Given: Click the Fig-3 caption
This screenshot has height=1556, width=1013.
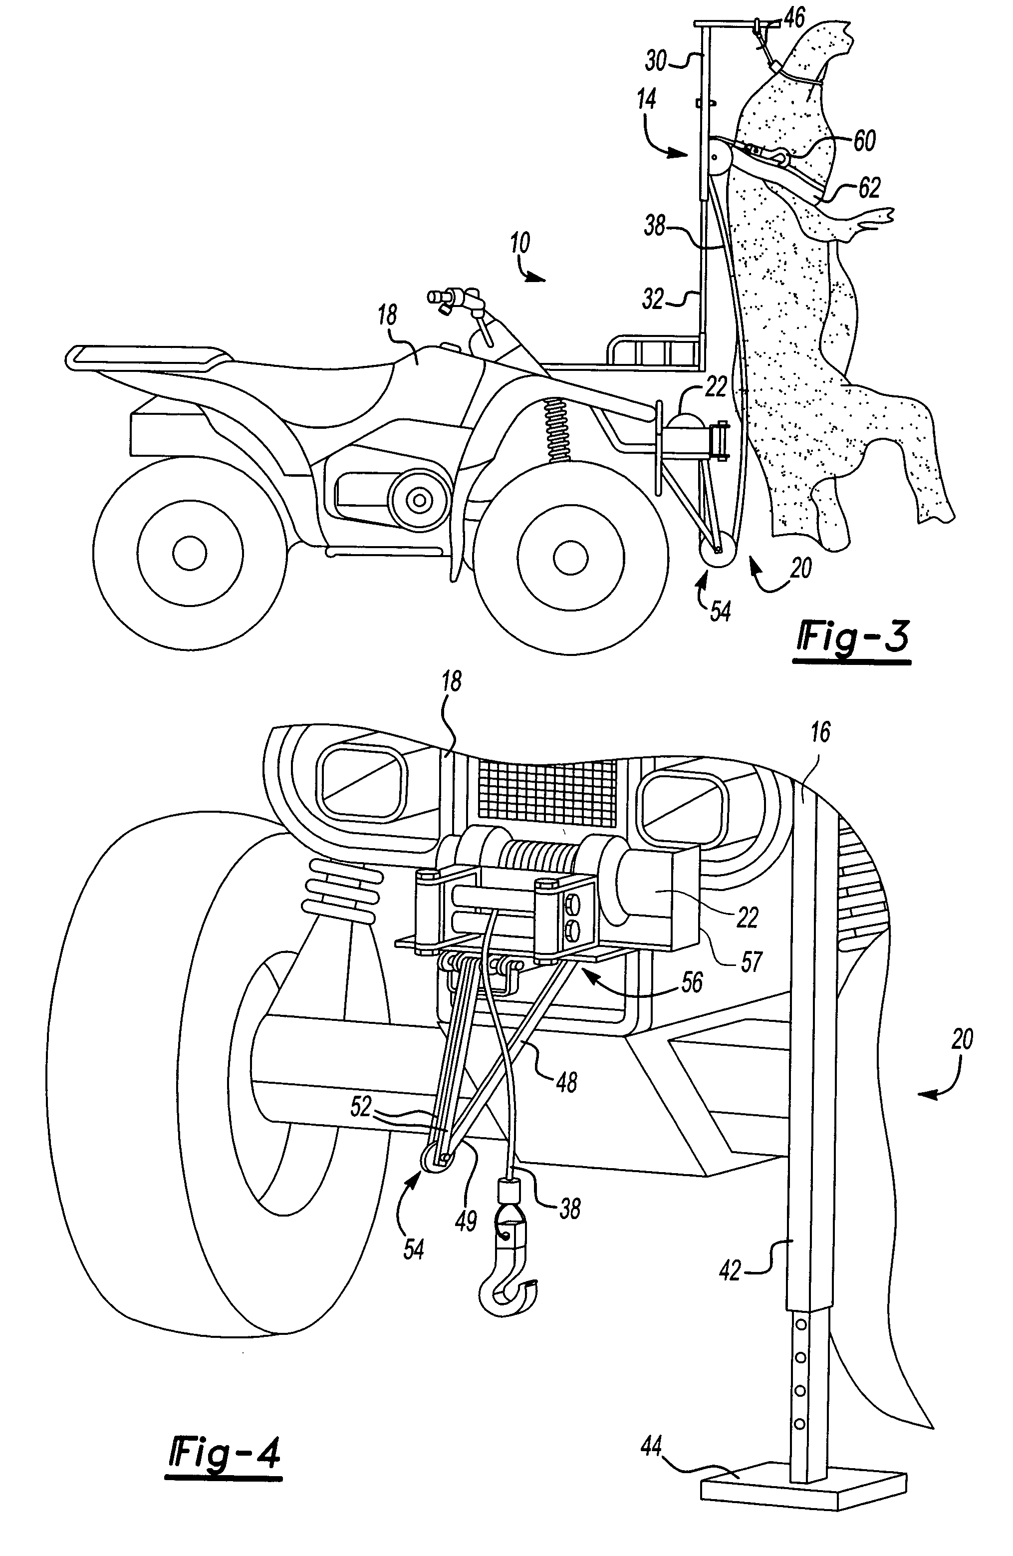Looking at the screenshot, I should point(852,638).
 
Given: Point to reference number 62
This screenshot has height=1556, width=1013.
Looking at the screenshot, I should point(869,188).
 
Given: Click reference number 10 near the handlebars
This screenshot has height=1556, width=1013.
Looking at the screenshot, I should point(520,244).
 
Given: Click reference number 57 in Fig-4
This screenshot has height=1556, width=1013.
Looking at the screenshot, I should point(751,961).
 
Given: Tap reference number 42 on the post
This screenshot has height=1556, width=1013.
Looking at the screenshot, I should point(731,1270).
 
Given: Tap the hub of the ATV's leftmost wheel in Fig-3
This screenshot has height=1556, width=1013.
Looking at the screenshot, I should point(190,553).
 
